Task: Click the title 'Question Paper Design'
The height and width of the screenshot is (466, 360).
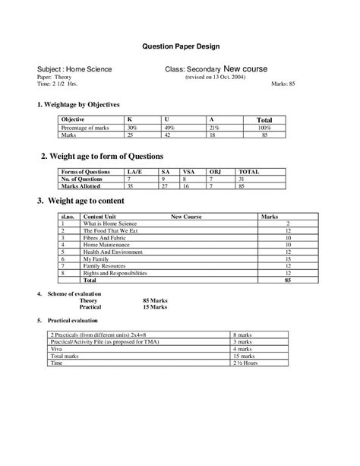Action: coord(182,46)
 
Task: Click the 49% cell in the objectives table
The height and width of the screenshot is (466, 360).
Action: coord(170,128)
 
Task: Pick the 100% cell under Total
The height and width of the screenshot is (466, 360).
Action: coord(264,128)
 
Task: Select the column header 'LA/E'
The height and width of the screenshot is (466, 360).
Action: coord(134,172)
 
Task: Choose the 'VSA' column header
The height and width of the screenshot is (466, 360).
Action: coord(189,172)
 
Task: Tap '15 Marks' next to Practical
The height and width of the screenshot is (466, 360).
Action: coord(155,307)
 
